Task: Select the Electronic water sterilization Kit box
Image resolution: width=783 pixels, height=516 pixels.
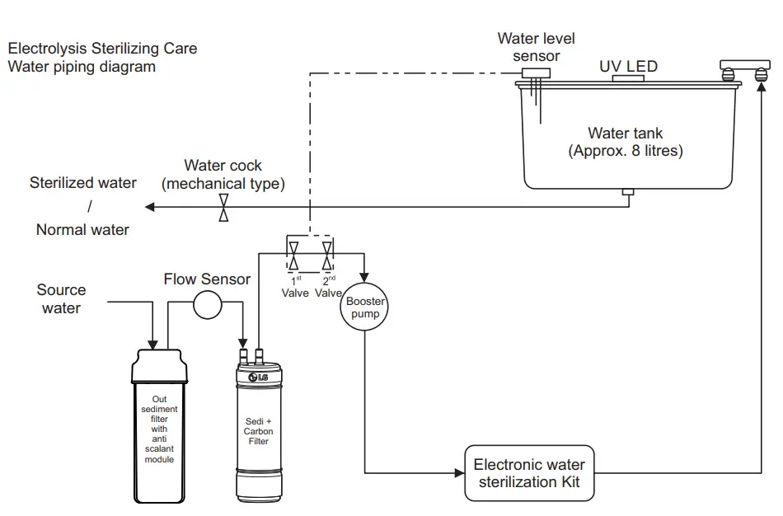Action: (x=529, y=473)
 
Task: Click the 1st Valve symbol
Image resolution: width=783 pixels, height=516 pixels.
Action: (x=293, y=256)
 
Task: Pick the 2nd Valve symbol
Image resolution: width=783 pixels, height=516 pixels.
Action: (x=328, y=256)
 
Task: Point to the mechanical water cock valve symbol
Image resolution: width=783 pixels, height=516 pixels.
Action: (x=223, y=207)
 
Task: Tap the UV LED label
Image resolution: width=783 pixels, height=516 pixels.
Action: (x=628, y=66)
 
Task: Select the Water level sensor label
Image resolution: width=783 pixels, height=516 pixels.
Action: (x=537, y=47)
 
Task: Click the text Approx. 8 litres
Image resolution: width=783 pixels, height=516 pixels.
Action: (x=626, y=152)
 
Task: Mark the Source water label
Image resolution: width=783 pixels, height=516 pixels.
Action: (x=61, y=298)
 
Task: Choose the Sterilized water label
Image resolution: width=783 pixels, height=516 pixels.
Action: (x=83, y=183)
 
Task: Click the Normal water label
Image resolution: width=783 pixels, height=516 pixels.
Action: (x=82, y=230)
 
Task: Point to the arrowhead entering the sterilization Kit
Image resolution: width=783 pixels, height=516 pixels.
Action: (x=460, y=473)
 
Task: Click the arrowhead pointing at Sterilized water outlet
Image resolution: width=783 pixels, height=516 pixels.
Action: (x=152, y=207)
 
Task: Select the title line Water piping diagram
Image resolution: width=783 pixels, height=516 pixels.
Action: (x=82, y=67)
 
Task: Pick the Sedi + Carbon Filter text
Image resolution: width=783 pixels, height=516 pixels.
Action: (x=259, y=431)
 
